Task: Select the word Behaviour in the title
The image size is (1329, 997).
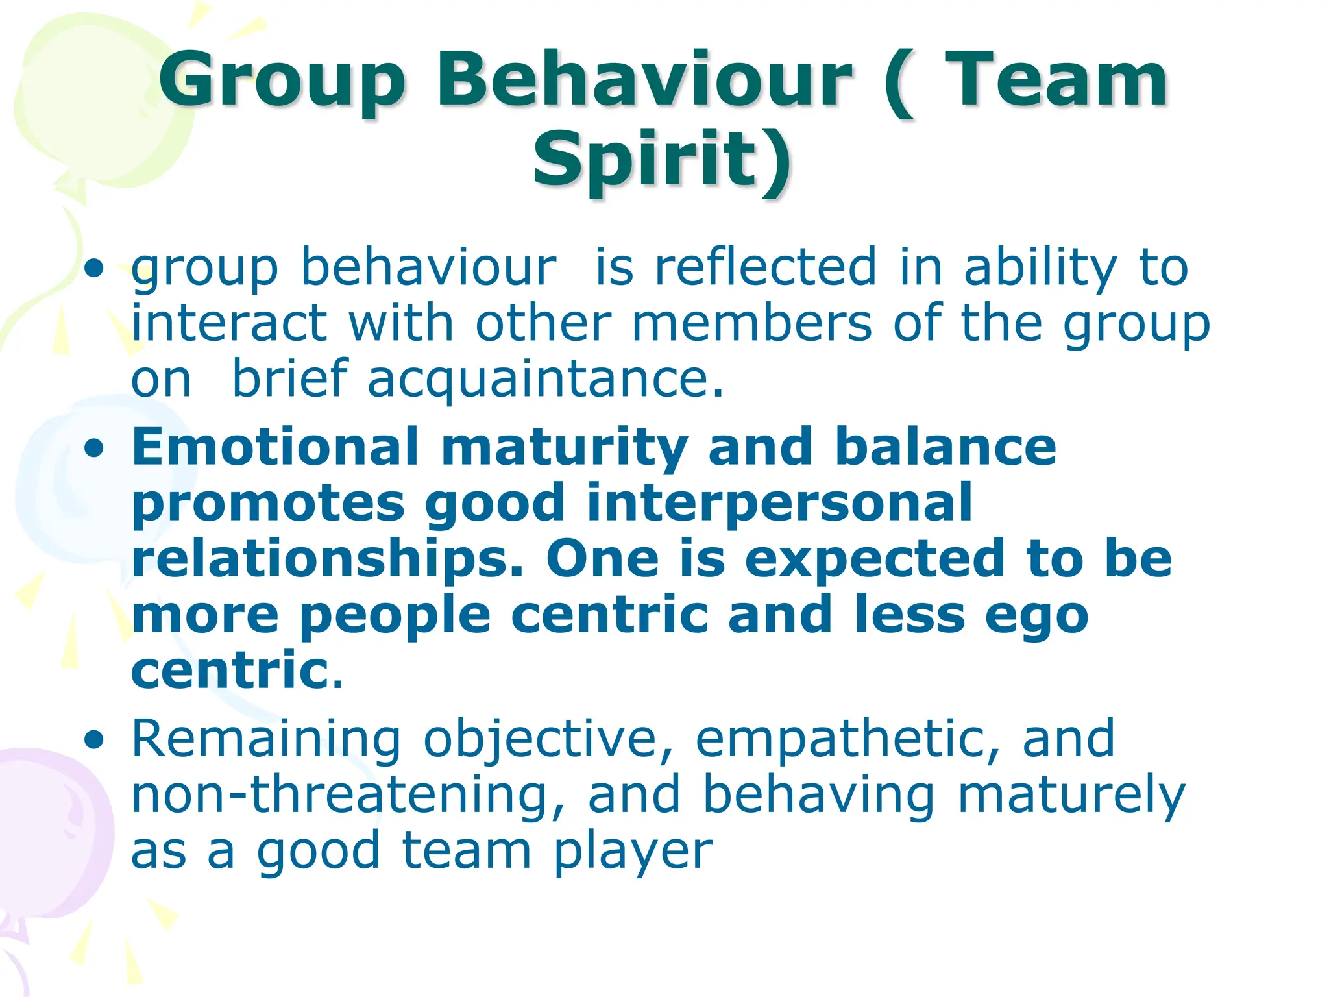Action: click(x=644, y=81)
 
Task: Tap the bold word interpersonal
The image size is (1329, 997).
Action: click(x=779, y=502)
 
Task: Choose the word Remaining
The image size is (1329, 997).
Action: click(x=266, y=740)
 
